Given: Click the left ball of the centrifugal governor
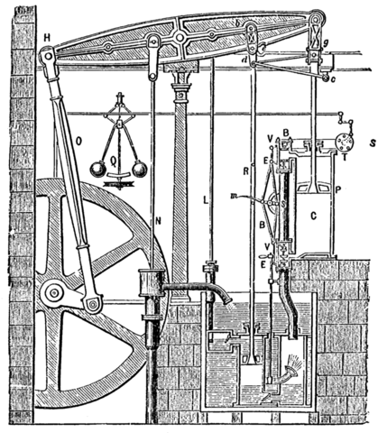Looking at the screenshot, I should click(x=95, y=169).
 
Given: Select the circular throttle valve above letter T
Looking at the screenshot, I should click(x=342, y=141).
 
